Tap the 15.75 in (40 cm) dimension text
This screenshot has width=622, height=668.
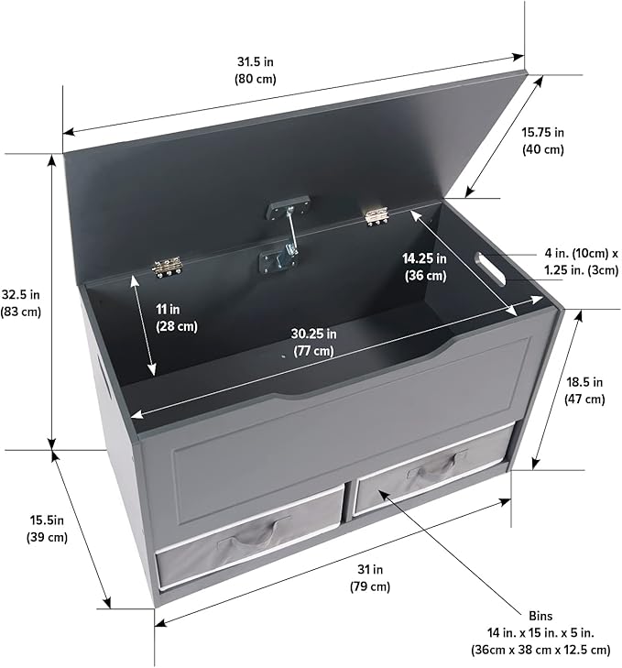coord(542,140)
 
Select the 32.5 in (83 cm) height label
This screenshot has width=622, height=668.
coord(20,303)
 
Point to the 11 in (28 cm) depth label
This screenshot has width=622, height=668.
coord(177,317)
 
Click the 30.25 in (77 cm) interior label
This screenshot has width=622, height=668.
coord(313,342)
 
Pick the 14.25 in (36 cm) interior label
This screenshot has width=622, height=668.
coord(425,267)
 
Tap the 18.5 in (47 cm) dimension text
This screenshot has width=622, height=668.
coord(584,390)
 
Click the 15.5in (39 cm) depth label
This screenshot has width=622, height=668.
coord(47,529)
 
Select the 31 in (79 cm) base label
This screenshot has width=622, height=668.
coord(370,577)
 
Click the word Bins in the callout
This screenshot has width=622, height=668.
coord(540,616)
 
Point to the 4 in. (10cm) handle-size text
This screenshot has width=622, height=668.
coord(576,254)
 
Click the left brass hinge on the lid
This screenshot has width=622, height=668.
coord(168,268)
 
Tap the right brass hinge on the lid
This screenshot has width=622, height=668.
coord(376,216)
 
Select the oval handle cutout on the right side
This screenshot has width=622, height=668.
coord(490,269)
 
